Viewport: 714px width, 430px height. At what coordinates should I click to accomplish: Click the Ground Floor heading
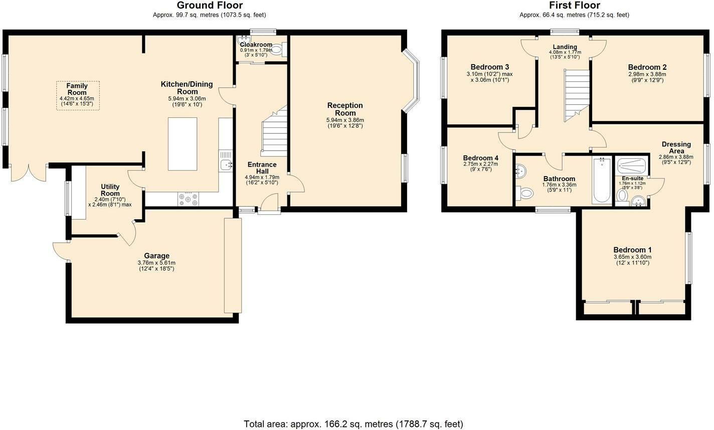pos(210,6)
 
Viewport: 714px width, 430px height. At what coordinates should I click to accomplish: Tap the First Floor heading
pos(575,6)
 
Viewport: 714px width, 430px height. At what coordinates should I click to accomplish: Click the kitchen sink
pos(226,165)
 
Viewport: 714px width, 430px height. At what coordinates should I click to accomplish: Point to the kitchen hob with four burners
pos(188,199)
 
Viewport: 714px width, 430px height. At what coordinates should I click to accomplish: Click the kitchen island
pos(183,144)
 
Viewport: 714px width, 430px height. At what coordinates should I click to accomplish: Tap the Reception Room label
pos(345,109)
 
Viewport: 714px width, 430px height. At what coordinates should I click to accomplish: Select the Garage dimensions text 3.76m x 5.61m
pos(156,263)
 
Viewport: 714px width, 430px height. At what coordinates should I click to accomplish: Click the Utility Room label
pos(110,190)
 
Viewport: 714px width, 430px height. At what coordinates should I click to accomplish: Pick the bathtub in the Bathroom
pos(602,180)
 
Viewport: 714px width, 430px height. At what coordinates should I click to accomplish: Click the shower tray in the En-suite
pos(632,165)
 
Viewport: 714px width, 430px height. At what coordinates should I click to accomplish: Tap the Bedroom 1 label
pos(632,250)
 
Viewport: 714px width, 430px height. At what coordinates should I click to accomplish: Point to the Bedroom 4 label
pos(481,158)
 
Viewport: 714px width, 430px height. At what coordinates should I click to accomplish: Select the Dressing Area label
pos(676,148)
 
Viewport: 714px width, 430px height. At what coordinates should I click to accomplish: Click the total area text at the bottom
pos(353,424)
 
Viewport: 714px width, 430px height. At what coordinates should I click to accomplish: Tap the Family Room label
pos(77,89)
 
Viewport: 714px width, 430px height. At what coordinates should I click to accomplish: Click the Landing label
pos(565,47)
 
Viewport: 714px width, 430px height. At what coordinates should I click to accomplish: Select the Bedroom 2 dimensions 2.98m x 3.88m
pos(647,74)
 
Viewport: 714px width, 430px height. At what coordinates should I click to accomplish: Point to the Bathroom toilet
pos(524,193)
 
